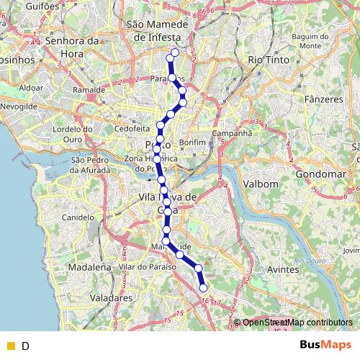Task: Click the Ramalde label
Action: click(89, 91)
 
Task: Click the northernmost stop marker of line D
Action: click(174, 52)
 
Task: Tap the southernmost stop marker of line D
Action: click(203, 288)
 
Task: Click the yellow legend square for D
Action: click(11, 346)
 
